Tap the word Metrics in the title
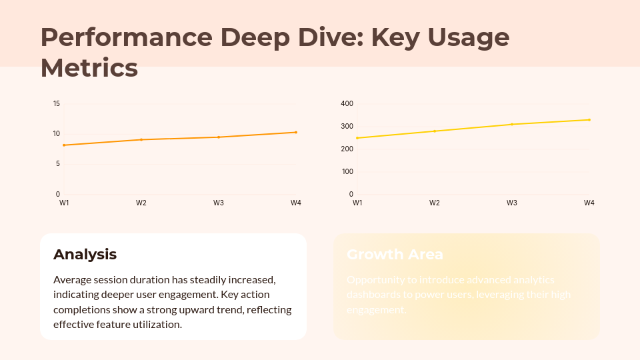click(89, 68)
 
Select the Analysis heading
click(85, 254)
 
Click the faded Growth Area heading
click(395, 254)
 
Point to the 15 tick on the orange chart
click(57, 103)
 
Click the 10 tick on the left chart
click(57, 133)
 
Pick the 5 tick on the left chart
click(58, 164)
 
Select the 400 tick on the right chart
click(347, 103)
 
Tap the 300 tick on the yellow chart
click(347, 126)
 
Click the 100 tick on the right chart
click(347, 171)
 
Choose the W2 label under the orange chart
click(141, 203)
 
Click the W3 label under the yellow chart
click(512, 203)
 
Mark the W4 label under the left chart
click(296, 203)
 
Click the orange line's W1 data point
click(64, 145)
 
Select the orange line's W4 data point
click(296, 132)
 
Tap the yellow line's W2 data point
click(435, 131)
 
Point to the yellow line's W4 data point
click(589, 120)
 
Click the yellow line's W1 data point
click(357, 138)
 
